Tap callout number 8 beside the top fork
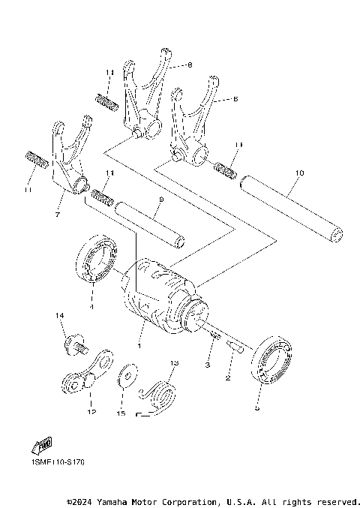(x=189, y=65)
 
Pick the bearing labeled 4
(x=96, y=260)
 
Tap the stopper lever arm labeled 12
(x=86, y=375)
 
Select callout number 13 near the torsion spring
(x=174, y=363)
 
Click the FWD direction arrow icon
(x=42, y=446)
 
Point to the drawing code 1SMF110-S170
(x=58, y=464)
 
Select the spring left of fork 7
(x=36, y=160)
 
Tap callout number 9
(x=160, y=200)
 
